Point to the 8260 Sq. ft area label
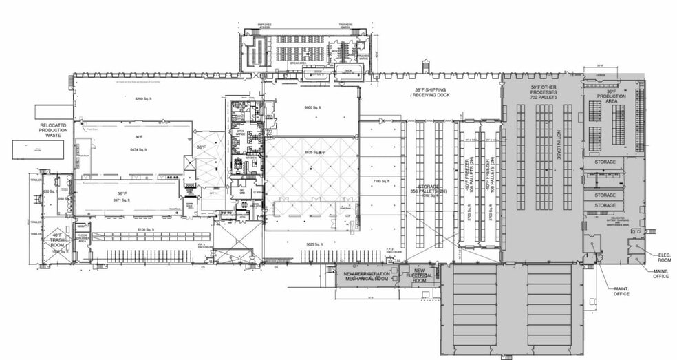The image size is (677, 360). pos(142,99)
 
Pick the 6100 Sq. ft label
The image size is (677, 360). pos(146,229)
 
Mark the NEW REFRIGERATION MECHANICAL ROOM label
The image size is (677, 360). pos(367,276)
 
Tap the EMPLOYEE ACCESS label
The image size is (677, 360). pos(265,26)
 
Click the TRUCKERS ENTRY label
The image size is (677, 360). pos(346,26)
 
